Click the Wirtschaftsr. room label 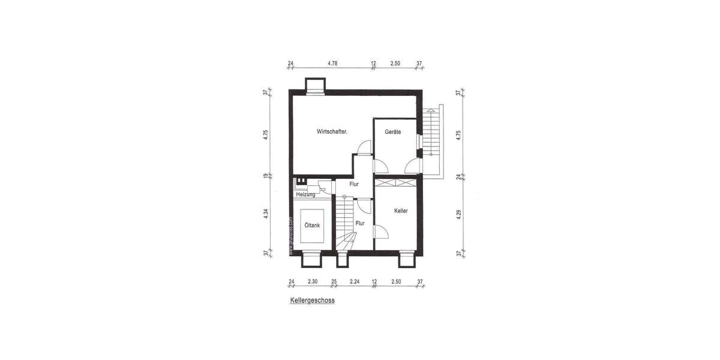pos(332,132)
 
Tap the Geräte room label pos(392,132)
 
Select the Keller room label pos(401,211)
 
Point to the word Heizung pos(305,194)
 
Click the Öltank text pos(311,226)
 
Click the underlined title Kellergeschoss pos(311,301)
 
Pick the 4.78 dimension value pos(332,62)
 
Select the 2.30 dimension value pos(313,281)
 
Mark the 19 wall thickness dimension pos(265,176)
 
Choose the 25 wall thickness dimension pos(334,281)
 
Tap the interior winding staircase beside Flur pos(346,226)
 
